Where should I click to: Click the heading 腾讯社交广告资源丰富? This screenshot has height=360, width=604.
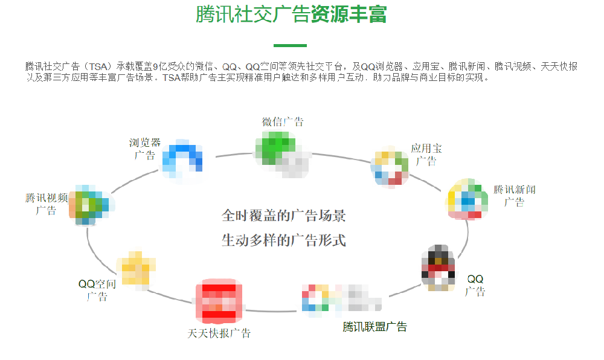(x=291, y=14)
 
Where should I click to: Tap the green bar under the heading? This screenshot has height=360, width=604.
(x=290, y=45)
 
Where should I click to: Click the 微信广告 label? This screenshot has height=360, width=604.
(x=283, y=121)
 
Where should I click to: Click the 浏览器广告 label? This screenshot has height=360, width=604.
(x=145, y=149)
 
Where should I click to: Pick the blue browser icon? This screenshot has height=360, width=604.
(x=182, y=159)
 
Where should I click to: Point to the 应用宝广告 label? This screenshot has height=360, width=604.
(x=426, y=154)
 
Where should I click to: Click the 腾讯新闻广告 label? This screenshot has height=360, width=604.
(x=515, y=196)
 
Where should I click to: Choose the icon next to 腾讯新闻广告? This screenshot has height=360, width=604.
(x=467, y=199)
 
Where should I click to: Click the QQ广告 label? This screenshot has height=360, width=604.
(x=475, y=285)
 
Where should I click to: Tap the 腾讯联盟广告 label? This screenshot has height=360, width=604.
(x=374, y=327)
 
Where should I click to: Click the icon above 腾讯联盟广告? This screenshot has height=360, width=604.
(x=341, y=299)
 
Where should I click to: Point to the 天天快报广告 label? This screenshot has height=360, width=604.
(x=219, y=333)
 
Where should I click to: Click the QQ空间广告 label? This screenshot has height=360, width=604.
(x=97, y=290)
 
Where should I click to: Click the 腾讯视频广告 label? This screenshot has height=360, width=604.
(x=47, y=204)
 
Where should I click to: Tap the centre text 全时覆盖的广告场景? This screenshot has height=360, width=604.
(x=284, y=216)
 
